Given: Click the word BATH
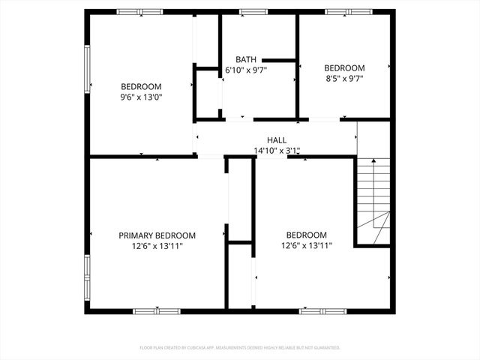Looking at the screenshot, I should point(246,59).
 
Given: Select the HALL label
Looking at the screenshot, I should point(276,140).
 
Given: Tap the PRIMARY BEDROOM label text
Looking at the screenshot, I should point(157,235).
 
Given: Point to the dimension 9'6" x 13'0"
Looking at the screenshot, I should point(141,97).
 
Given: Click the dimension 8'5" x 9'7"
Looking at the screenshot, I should point(344,77).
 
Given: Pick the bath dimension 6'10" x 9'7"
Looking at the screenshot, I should point(246,70).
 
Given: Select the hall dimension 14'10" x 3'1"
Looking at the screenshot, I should point(276,151).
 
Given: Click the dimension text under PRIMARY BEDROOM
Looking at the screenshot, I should point(157,245).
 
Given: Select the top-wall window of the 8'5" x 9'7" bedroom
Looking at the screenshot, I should point(348,12).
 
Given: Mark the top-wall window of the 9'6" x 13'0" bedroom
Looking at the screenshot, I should point(139,12).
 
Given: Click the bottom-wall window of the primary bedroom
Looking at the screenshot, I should point(157,310).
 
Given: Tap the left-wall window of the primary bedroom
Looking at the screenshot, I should point(87,275).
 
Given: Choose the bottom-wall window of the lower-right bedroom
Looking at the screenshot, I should point(323,310).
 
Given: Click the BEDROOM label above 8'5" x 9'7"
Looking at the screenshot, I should point(344,67).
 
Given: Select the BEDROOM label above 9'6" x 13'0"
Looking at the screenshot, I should point(141,86).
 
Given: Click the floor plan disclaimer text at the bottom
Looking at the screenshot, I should point(240,348).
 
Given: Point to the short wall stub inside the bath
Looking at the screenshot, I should point(278,59).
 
